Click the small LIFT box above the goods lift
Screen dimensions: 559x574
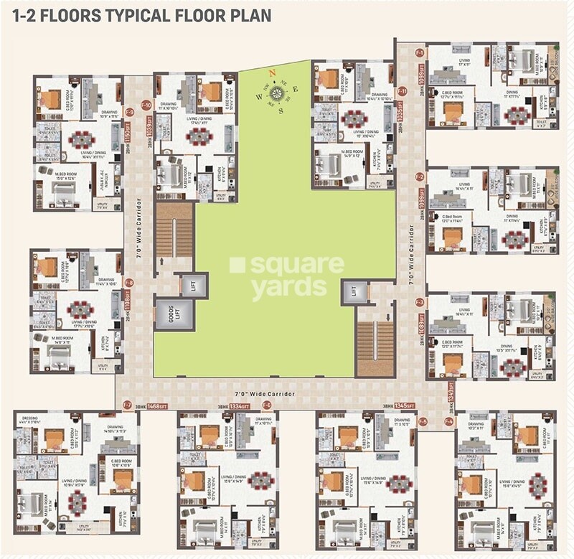coord(192,285)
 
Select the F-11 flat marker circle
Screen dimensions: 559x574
coord(403,91)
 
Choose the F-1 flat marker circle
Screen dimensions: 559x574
coord(420,52)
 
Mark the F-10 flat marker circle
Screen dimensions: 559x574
coord(146,105)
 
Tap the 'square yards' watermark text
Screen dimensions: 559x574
coord(287,276)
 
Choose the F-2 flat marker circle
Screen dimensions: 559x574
coord(420,176)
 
